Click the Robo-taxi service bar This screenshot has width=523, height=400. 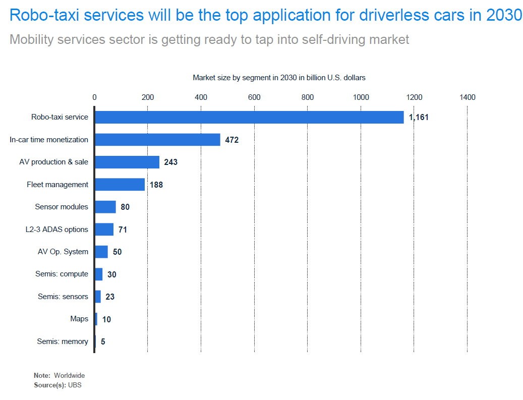tap(249, 117)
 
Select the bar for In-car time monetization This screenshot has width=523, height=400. tap(157, 140)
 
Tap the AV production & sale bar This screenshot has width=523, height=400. tap(127, 162)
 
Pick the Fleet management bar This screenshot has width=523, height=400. tap(120, 185)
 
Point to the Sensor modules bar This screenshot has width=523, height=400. tap(105, 207)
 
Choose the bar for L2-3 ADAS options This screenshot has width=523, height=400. tap(104, 230)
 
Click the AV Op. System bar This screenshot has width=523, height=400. tap(101, 252)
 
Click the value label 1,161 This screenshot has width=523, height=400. tap(419, 117)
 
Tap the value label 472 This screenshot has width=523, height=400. tap(232, 140)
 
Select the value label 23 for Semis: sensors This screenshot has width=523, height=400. tap(110, 297)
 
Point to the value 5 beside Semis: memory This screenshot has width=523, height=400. tap(103, 341)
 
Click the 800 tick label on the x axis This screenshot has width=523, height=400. tap(308, 97)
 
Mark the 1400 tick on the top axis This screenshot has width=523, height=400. tap(468, 97)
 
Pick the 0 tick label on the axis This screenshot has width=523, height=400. tap(94, 97)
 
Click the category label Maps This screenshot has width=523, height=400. tap(79, 319)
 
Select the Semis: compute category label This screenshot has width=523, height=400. tap(62, 274)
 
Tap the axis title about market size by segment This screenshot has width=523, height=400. tap(279, 78)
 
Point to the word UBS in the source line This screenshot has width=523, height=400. tap(75, 385)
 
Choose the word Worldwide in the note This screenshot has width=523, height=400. tap(70, 375)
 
